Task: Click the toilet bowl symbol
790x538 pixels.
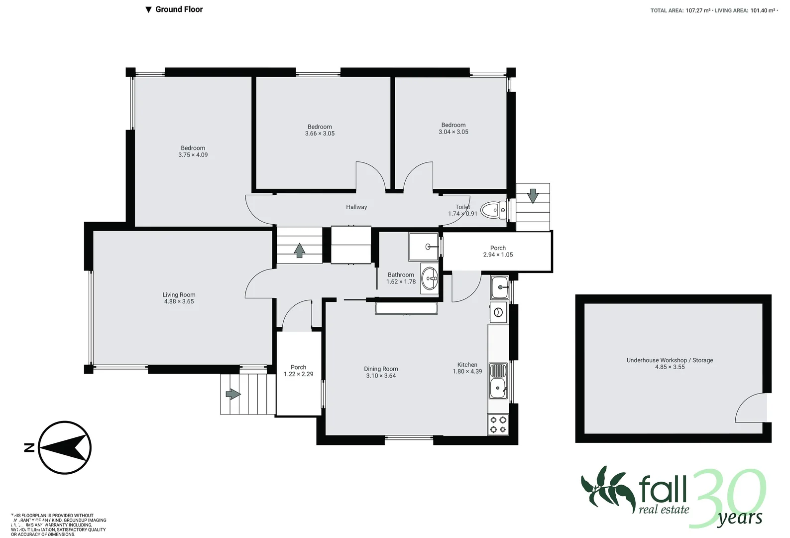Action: pos(493,210)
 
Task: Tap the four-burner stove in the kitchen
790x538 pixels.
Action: pos(498,424)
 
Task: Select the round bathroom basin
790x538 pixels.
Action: pos(430,278)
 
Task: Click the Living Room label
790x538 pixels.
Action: pos(179,295)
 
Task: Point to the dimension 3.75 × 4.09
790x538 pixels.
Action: pos(193,155)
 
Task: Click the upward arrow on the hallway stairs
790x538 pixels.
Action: pos(299,250)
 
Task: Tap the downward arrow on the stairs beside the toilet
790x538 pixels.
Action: pos(533,196)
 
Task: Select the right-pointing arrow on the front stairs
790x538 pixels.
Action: pos(233,395)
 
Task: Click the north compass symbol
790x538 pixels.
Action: pos(65,447)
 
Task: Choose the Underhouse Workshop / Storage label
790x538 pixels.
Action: pos(670,360)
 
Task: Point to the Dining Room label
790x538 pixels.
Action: pos(381,369)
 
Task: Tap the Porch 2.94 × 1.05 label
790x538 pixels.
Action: pos(498,251)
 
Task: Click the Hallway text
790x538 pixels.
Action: pos(356,207)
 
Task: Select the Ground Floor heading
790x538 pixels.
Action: pos(179,9)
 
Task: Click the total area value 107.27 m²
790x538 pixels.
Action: pos(698,10)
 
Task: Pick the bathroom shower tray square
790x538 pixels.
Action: pos(424,247)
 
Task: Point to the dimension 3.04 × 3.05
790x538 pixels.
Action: pos(453,132)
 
